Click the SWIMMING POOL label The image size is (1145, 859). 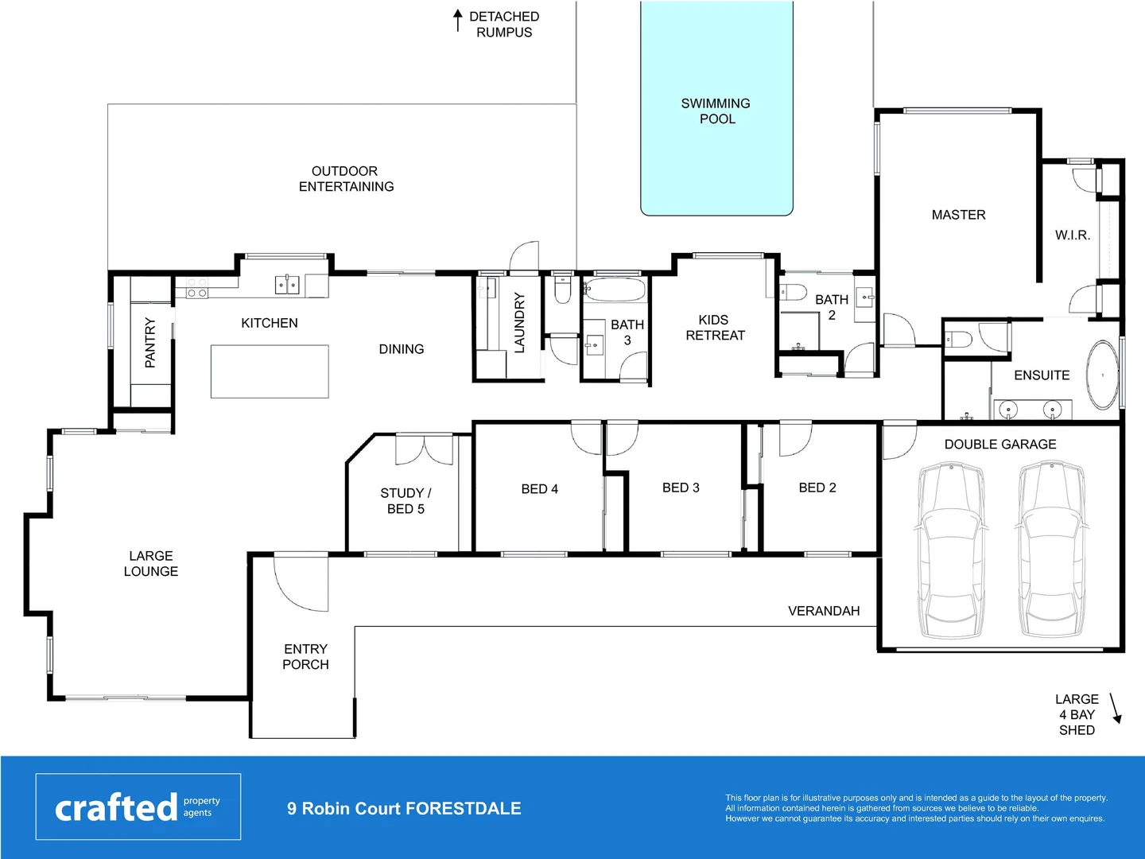click(716, 111)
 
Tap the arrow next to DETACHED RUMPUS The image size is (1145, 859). click(458, 20)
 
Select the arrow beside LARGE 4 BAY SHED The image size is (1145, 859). click(1115, 708)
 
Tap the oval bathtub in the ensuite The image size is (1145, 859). click(1102, 375)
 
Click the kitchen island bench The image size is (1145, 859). click(270, 371)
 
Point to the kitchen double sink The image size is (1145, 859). click(287, 284)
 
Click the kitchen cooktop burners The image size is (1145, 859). click(196, 288)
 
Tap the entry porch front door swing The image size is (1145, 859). click(301, 582)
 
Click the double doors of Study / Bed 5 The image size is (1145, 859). click(424, 449)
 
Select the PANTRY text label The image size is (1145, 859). click(150, 342)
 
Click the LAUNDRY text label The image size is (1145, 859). click(519, 322)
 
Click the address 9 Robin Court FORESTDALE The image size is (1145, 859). click(404, 808)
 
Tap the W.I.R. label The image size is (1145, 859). click(1072, 235)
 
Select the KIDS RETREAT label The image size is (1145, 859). click(715, 328)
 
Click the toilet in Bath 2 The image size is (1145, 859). click(793, 292)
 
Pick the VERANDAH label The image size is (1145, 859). click(824, 611)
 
